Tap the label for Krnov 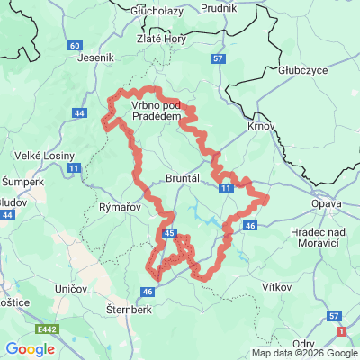coord(262,128)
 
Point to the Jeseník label coord(98,57)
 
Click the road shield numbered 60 coord(75,45)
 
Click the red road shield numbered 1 coord(340,332)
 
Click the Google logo coord(31,349)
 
